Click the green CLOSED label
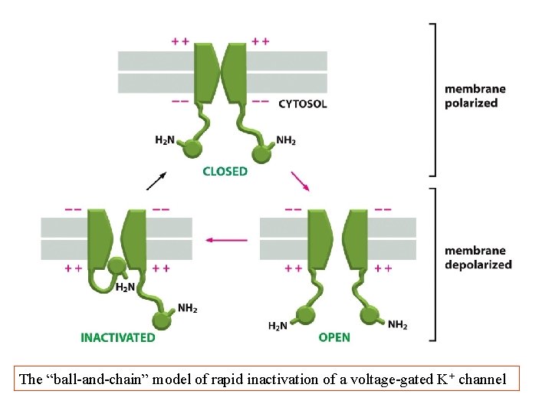coord(225,171)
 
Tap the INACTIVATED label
coord(117,337)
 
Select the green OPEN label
coord(334,337)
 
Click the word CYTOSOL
coord(303,103)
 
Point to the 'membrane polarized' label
coord(471,96)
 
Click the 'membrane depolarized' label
coord(478,258)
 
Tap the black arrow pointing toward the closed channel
coord(156,180)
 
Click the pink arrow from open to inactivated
coord(226,240)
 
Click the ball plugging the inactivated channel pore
coord(117,267)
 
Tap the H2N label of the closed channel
coord(165,140)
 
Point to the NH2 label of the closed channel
coord(286,140)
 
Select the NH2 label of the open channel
coord(398,325)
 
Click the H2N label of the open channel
coord(278,326)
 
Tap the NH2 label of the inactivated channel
coord(187,308)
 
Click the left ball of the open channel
coord(305,314)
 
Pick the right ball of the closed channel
coord(262,154)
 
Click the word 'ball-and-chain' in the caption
coord(93,379)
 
